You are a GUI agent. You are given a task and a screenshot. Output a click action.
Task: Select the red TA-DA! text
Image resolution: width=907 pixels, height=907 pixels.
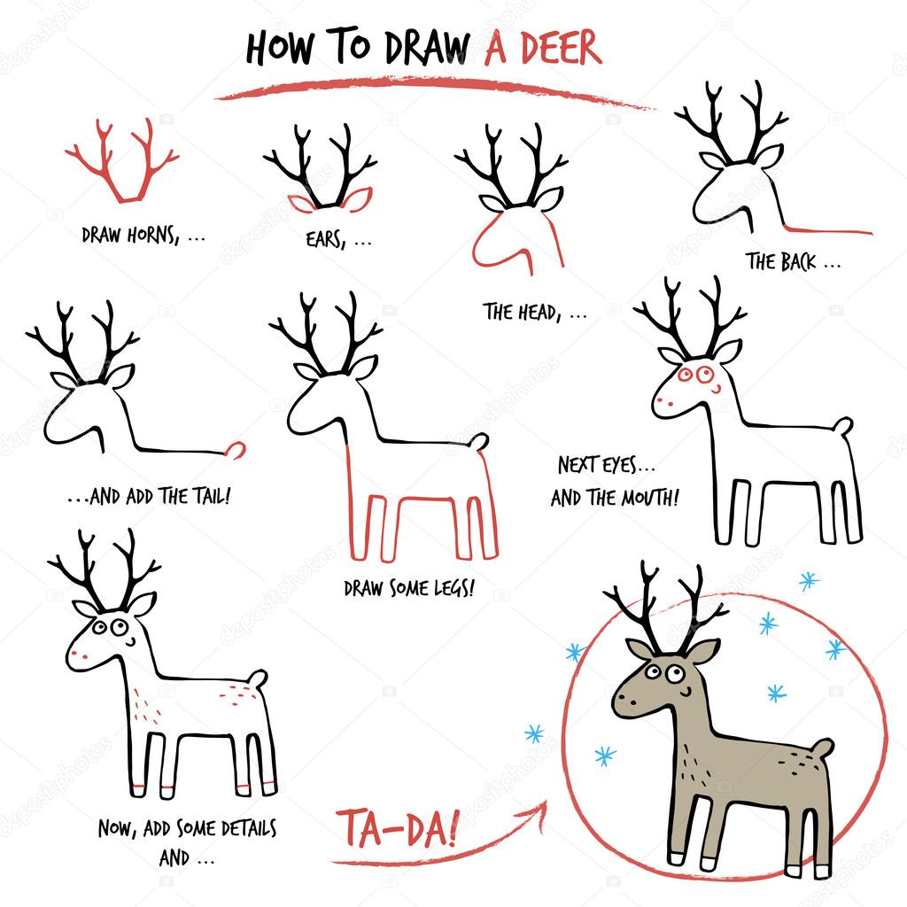coord(398,829)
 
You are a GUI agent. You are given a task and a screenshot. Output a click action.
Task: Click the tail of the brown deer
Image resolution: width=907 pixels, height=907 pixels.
coord(823,749)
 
